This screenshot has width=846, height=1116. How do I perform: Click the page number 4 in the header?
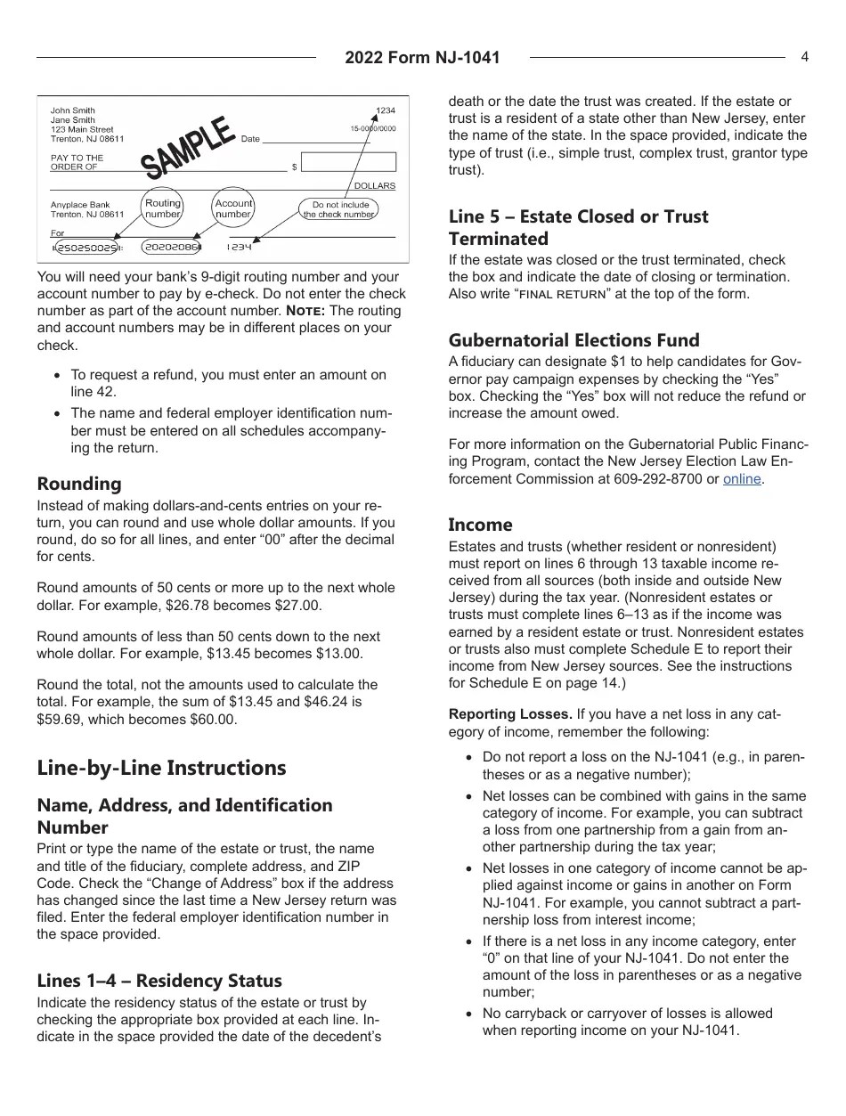804,57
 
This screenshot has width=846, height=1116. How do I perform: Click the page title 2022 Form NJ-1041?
423,58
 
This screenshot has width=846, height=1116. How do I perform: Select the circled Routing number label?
163,208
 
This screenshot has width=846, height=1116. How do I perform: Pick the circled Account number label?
233,208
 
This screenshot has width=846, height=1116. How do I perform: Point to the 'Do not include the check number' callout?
339,209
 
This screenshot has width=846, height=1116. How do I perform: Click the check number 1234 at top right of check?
385,111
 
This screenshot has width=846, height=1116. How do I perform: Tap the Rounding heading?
79,484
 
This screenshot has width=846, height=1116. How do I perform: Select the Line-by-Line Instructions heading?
161,768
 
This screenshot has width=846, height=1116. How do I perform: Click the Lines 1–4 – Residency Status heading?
159,981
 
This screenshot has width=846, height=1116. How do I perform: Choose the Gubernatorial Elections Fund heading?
574,340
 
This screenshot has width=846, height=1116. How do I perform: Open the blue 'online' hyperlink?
742,479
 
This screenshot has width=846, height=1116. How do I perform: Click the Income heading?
480,525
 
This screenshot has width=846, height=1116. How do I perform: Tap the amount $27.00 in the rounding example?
296,606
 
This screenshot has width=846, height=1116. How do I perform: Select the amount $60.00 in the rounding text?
211,719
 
